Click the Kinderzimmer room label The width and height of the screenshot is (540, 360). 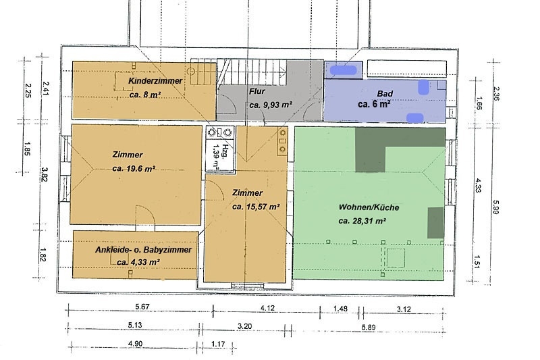155,81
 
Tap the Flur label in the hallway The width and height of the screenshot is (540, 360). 257,91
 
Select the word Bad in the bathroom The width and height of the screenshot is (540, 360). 385,93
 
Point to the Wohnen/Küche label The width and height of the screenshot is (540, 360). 369,207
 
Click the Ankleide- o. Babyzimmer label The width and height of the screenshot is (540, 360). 143,250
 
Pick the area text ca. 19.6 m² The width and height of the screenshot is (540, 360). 134,169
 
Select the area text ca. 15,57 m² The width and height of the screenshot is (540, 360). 256,207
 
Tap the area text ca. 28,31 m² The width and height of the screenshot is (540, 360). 362,221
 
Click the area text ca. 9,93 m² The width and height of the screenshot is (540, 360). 271,105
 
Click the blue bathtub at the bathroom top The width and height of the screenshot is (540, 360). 344,70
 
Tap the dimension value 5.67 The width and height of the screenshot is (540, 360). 143,306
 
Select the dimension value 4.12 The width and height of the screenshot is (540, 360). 267,308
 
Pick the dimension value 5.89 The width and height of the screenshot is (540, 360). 368,328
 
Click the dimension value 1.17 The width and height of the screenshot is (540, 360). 218,344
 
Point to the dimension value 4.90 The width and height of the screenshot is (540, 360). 135,344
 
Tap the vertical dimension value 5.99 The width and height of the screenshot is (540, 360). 496,207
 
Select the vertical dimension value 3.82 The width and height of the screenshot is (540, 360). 44,175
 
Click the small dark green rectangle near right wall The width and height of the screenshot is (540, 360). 435,222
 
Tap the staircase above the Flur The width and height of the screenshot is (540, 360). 254,72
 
